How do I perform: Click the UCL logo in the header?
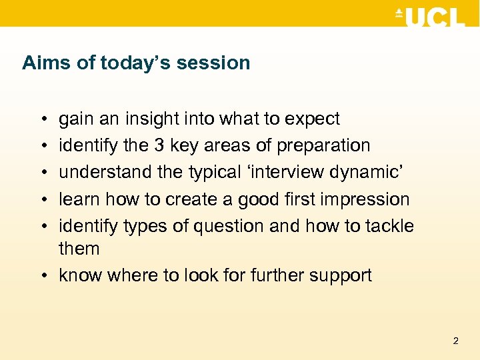tap(430, 17)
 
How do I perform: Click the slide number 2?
tap(455, 341)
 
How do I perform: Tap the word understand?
tap(105, 172)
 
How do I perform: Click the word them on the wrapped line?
tap(79, 249)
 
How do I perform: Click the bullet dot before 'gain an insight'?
tap(42, 119)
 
